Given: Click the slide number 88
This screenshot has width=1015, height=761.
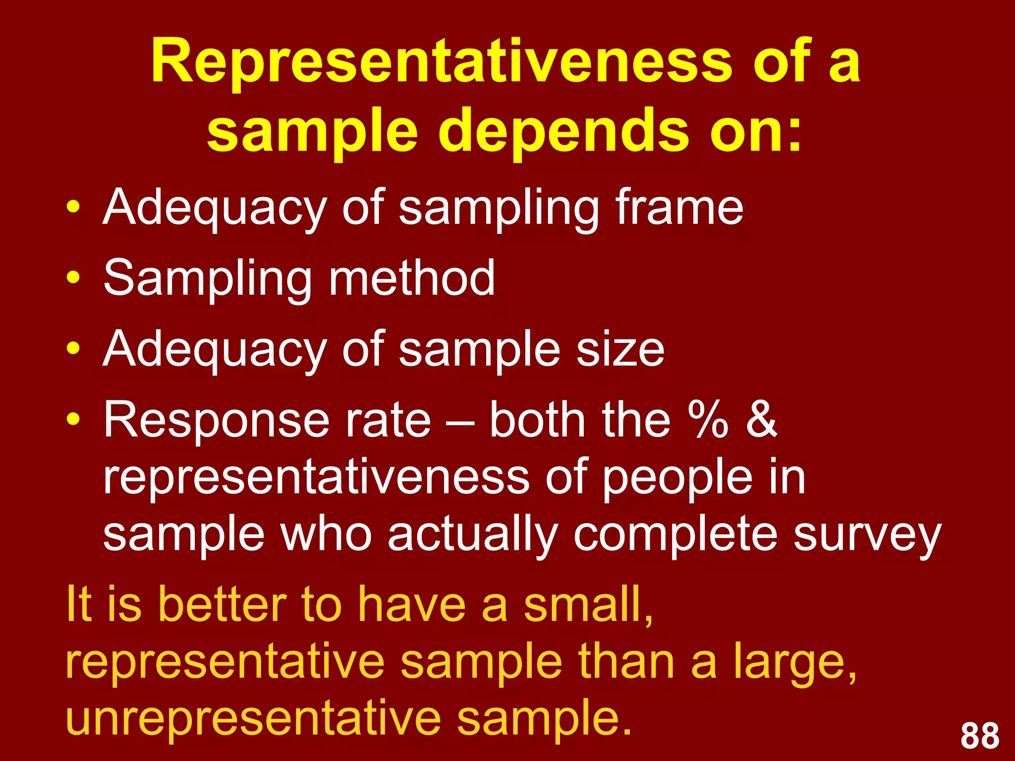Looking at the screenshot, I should coord(980,736).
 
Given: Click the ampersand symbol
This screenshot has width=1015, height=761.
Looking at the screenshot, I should coord(761,419).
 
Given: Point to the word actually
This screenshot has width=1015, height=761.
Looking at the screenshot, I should coord(473,537).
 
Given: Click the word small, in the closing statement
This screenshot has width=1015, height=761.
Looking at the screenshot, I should coord(589,605).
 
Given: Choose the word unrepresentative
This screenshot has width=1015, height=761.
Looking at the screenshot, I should coord(253,718).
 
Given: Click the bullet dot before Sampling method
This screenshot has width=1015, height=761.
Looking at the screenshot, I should coord(73,278).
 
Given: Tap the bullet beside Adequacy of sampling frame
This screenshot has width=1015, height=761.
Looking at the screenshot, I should coord(73,207).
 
